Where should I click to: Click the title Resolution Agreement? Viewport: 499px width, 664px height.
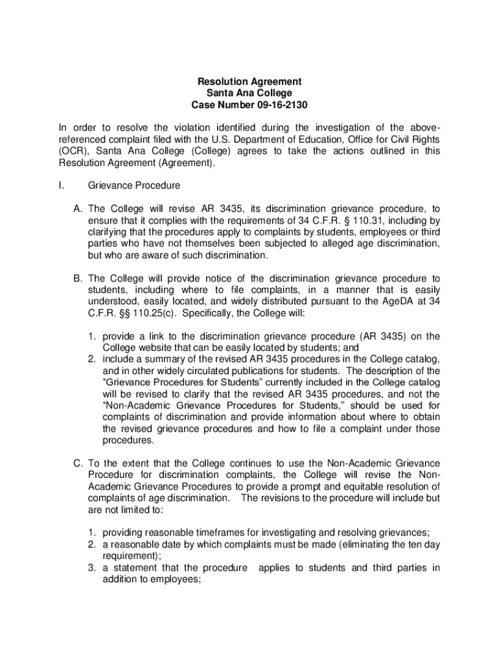pos(250,82)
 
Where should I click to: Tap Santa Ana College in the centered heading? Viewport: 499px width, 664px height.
pos(250,93)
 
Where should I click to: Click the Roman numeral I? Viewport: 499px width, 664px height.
pos(60,186)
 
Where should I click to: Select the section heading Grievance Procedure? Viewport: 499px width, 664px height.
pos(133,186)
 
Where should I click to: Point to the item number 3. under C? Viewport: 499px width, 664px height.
pos(93,568)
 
